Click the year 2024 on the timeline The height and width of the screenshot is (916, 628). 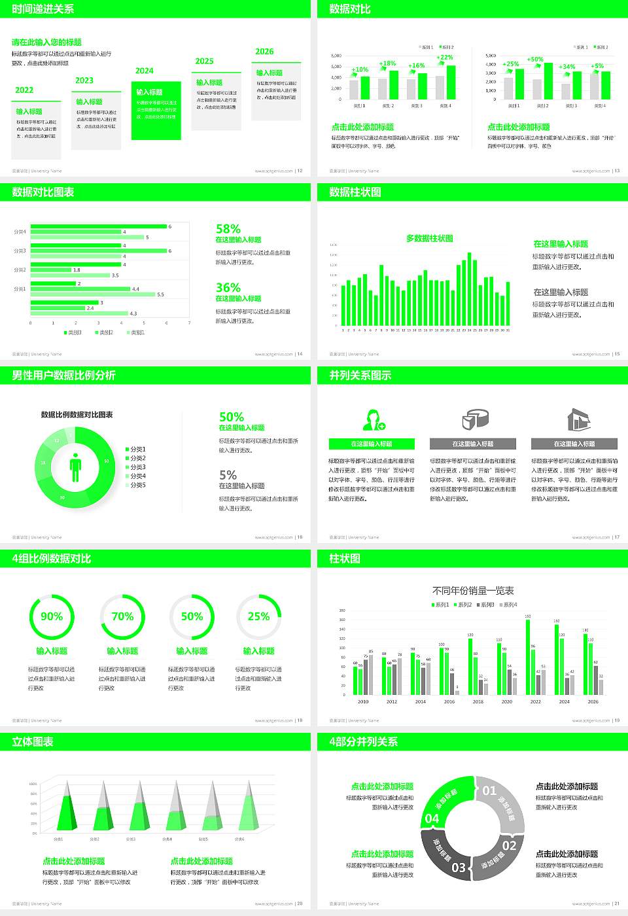pos(145,71)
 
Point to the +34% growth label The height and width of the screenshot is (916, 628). pos(567,67)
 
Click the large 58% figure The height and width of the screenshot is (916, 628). pos(228,229)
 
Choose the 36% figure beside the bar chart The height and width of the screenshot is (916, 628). pos(228,287)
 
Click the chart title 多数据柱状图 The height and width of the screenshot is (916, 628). pos(429,238)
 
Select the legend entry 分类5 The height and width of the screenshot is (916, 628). pos(137,485)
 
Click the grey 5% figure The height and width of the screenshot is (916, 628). pos(228,475)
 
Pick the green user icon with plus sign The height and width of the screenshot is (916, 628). pos(373,419)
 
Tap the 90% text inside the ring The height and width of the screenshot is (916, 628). pos(52,616)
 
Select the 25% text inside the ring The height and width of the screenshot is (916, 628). pos(258,616)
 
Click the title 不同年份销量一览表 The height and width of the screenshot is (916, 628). pos(473,590)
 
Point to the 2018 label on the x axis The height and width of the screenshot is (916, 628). pos(478,701)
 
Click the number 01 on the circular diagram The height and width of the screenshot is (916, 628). pos(489,790)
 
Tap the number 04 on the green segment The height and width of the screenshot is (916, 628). pos(432,819)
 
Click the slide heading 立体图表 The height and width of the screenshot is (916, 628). pos(33,741)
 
